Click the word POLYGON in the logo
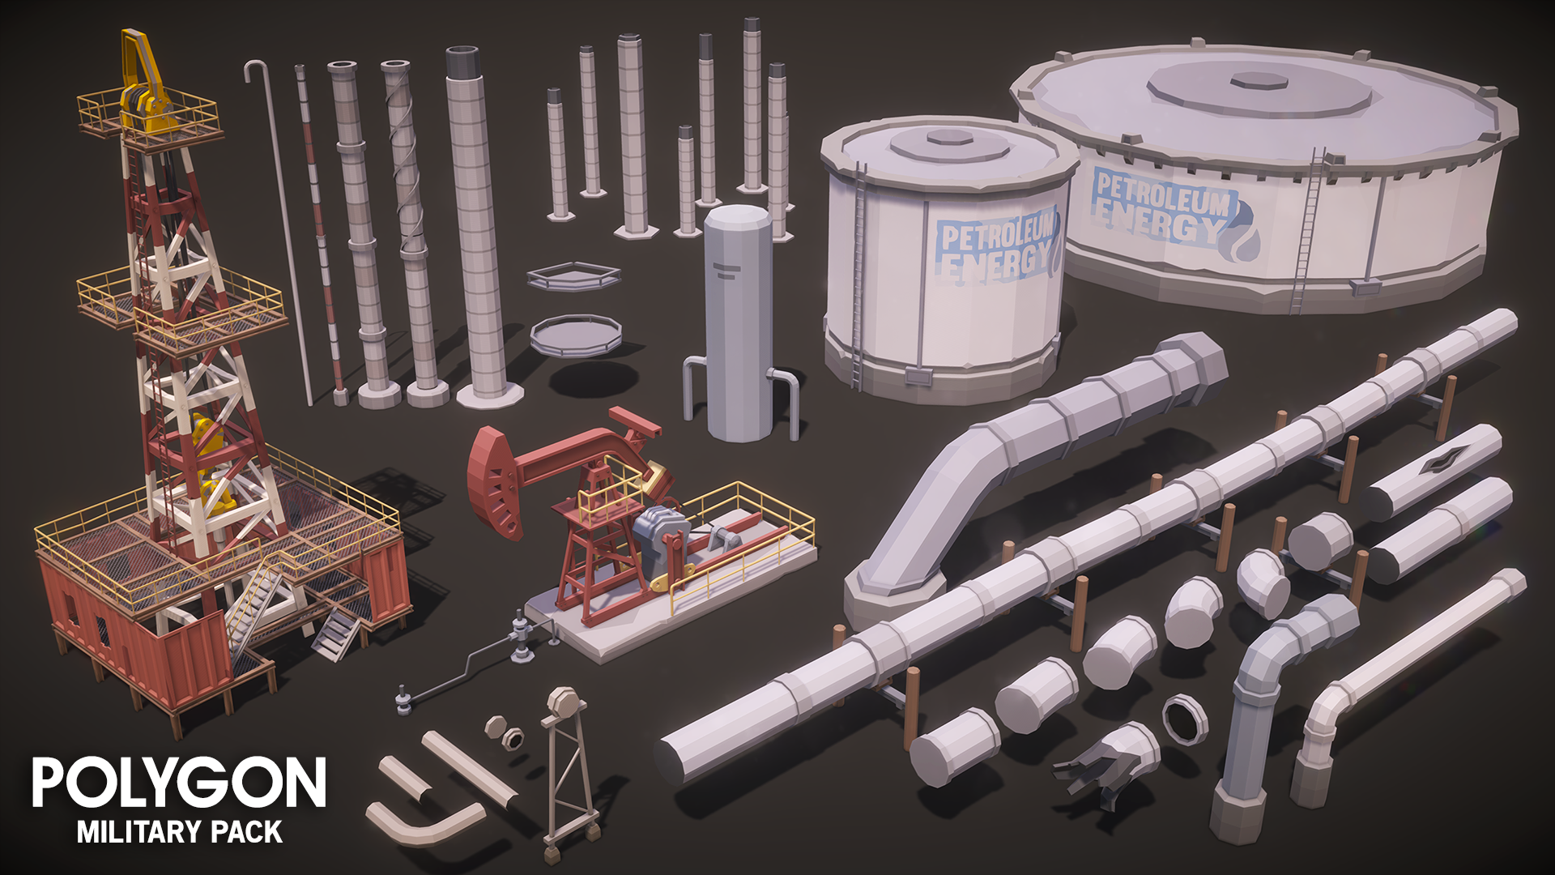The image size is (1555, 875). tap(179, 783)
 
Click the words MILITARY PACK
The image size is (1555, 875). tap(180, 832)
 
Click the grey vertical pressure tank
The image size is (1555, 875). tap(737, 324)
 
